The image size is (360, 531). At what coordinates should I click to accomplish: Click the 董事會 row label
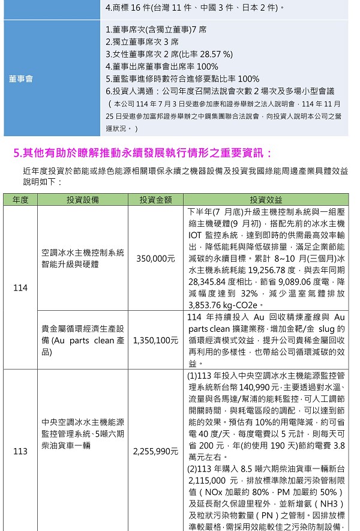(x=20, y=79)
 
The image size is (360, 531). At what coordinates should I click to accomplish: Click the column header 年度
(x=20, y=200)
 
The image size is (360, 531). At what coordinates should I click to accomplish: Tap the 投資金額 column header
(x=156, y=200)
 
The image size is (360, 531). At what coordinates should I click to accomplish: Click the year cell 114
(x=20, y=288)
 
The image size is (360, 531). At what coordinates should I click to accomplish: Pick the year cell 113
(x=20, y=451)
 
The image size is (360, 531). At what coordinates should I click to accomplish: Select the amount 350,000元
(x=156, y=258)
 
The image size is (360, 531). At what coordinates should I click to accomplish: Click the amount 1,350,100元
(x=156, y=340)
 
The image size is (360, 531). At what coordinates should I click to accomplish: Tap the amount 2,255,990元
(x=156, y=451)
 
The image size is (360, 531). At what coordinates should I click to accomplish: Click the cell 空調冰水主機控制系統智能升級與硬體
(x=83, y=258)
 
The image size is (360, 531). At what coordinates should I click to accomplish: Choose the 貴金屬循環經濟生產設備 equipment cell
(x=83, y=340)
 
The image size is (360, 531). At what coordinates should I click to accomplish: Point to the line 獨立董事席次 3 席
(x=142, y=42)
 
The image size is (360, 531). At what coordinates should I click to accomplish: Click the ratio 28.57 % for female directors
(x=211, y=54)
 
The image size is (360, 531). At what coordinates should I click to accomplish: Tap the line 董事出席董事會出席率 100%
(x=161, y=67)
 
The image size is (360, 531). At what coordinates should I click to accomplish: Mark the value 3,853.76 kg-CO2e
(x=223, y=305)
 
